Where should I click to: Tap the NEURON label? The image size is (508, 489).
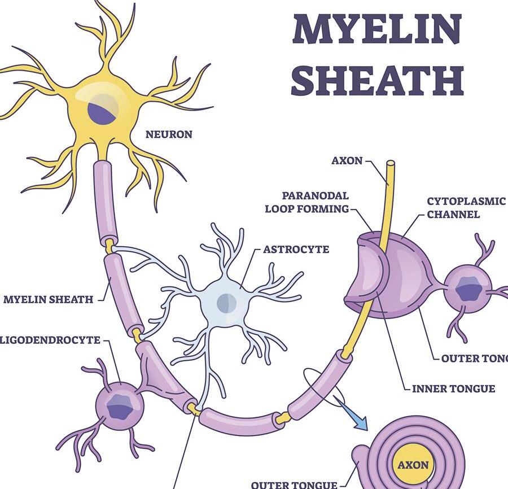coord(169,134)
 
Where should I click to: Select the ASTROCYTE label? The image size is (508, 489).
coord(296,249)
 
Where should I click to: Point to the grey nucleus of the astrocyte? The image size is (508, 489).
coord(226,303)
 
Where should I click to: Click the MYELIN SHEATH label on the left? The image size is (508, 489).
coord(49,299)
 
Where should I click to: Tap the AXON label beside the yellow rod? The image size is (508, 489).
coord(347,160)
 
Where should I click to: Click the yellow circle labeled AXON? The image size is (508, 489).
coord(413,465)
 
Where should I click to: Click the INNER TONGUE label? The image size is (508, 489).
coord(453,388)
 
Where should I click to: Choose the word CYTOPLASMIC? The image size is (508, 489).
coord(466,202)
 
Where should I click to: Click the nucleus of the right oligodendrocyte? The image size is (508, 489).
coord(468,290)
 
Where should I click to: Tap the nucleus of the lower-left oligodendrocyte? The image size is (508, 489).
coord(119,407)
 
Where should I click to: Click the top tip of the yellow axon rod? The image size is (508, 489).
coord(390,164)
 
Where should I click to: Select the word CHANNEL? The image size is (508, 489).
coord(453,215)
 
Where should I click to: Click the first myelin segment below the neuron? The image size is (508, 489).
coord(106,200)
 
